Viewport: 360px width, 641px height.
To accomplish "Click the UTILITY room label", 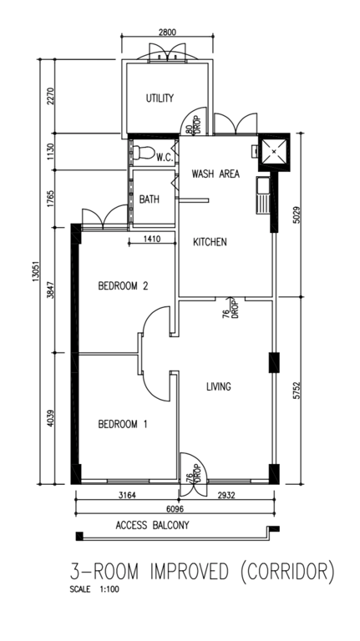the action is (160, 98).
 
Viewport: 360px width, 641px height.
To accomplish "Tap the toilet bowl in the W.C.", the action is (144, 153).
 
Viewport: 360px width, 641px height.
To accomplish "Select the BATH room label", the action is (150, 199).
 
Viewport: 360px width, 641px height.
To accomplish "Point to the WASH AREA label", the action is (215, 174).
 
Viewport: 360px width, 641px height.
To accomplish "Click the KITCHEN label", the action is (210, 242).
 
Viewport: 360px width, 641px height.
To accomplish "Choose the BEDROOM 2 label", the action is (123, 285).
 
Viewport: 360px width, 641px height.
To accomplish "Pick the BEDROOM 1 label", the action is (123, 424).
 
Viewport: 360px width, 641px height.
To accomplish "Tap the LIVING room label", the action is (219, 386).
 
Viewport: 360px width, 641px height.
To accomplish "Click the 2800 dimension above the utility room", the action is (167, 31).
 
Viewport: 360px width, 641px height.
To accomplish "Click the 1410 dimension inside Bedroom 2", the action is (151, 239).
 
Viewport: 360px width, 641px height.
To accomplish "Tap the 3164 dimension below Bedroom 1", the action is (127, 495).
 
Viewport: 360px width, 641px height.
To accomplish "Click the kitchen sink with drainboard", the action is (262, 195).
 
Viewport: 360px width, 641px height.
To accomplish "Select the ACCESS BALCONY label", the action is (153, 525).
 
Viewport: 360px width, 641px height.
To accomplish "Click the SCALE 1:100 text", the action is (94, 590).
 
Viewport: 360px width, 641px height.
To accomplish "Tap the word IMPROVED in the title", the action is (189, 572).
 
